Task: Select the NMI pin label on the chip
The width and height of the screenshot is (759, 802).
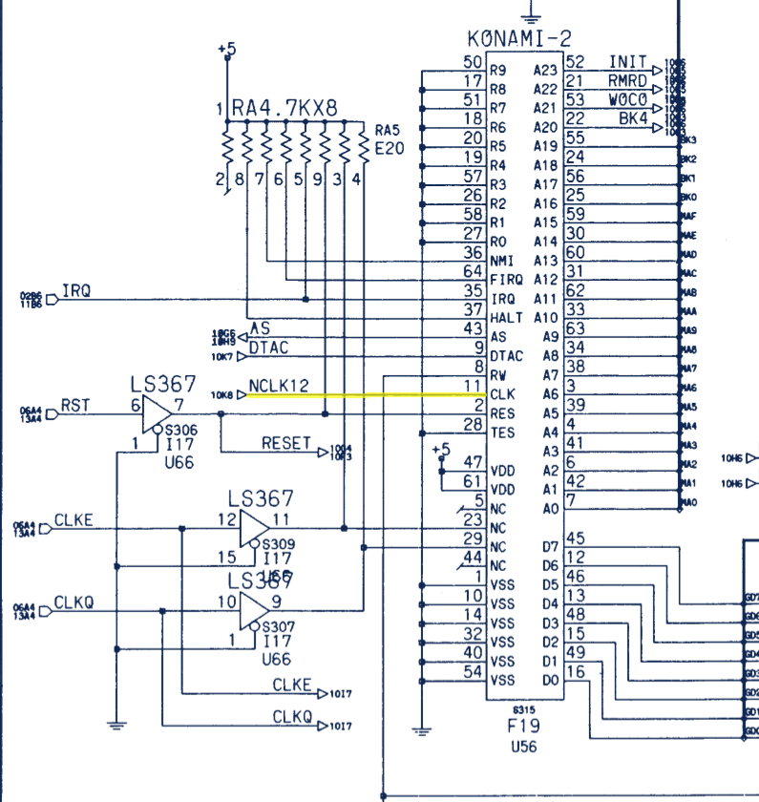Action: pos(501,261)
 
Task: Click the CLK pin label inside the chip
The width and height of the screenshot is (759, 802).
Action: pos(501,394)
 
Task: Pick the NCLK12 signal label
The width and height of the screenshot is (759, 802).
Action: pos(279,387)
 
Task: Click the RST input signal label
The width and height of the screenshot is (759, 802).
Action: pos(75,406)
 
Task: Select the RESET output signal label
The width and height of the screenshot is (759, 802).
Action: pos(286,444)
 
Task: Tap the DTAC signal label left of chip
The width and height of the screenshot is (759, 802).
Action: pos(268,348)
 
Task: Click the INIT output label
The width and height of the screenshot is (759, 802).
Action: pos(627,62)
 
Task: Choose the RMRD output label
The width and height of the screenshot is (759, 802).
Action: pos(627,81)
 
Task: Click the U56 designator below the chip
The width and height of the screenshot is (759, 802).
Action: pos(524,747)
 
